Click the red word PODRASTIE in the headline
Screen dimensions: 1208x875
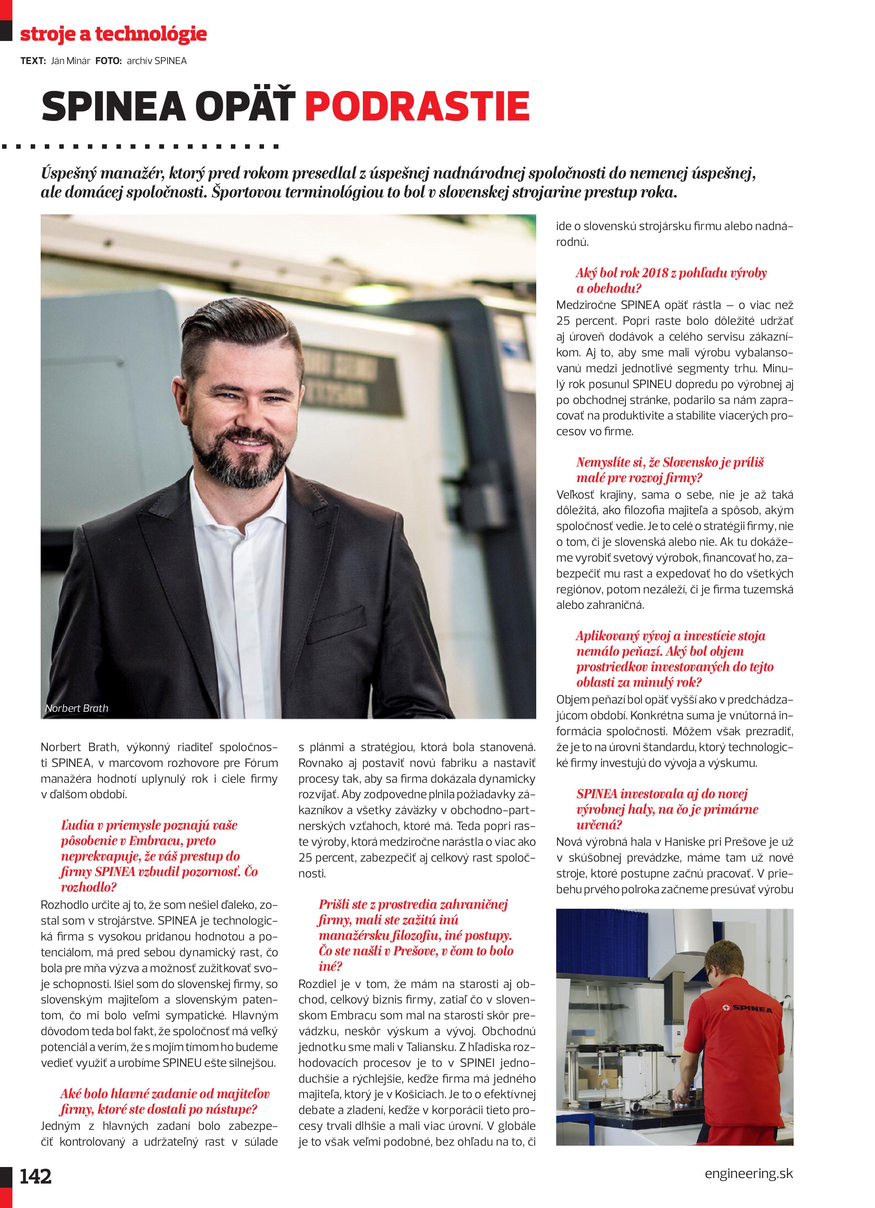point(417,106)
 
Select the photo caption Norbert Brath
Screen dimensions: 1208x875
point(77,708)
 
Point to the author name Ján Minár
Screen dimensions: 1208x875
point(70,61)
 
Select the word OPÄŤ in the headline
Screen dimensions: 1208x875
point(246,106)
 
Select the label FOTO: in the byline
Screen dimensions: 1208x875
point(109,61)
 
